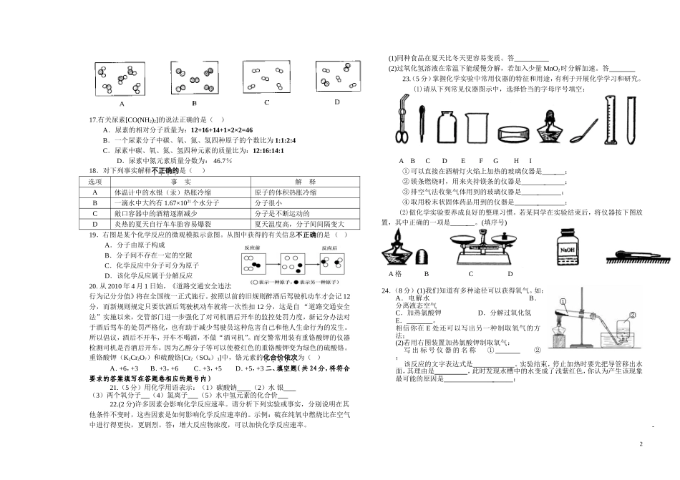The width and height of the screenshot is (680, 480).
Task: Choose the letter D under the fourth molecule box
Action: pyautogui.click(x=336, y=102)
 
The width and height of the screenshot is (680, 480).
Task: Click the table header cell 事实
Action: pyautogui.click(x=180, y=182)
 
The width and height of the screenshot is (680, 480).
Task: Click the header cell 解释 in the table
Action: pyautogui.click(x=309, y=182)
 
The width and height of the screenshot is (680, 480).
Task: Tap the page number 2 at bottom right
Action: pyautogui.click(x=641, y=445)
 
